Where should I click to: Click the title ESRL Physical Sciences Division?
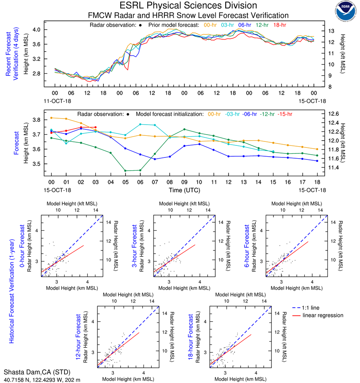pyautogui.click(x=188, y=6)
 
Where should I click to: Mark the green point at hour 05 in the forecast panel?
pyautogui.click(x=125, y=171)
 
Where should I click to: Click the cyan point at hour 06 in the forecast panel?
pyautogui.click(x=140, y=124)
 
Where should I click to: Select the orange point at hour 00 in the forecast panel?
pyautogui.click(x=51, y=118)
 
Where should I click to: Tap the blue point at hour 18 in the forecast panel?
pyautogui.click(x=317, y=161)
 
